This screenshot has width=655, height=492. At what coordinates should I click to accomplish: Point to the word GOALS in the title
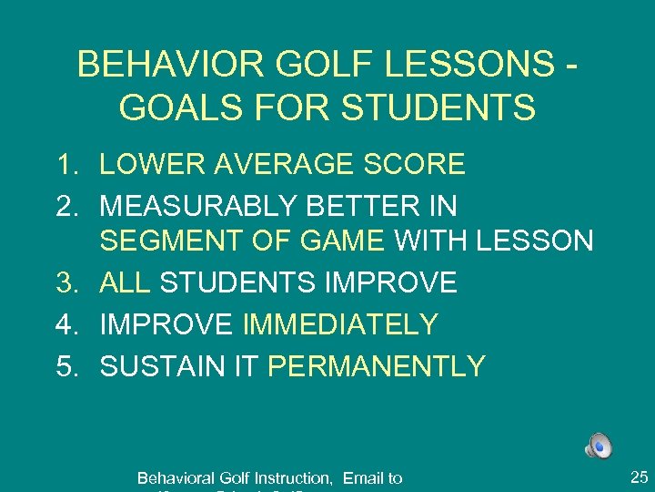175,108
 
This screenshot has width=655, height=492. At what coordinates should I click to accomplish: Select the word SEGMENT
158,241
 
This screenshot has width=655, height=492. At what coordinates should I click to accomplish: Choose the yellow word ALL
126,282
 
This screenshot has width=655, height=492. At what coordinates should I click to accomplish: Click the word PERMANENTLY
378,366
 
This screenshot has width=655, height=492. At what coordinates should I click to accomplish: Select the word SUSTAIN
160,366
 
